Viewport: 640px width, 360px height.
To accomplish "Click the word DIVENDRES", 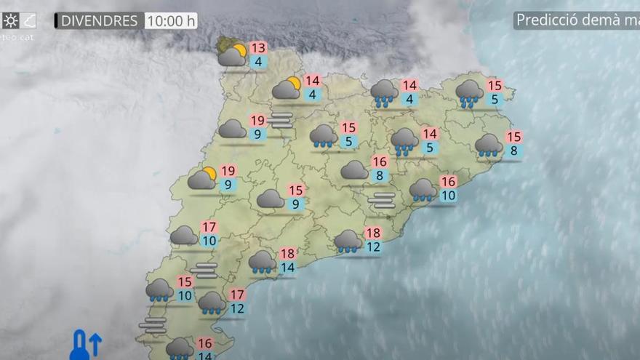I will (x=99, y=21).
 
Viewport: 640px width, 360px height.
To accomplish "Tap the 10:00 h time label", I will (x=170, y=21).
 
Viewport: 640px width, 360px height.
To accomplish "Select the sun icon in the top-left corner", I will (x=10, y=20).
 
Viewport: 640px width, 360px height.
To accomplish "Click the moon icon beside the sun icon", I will (x=28, y=20).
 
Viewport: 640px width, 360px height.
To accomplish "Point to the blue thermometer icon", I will (x=80, y=345).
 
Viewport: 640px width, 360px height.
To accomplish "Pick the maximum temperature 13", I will (x=257, y=48).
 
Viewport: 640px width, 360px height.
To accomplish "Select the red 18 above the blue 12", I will (x=373, y=233).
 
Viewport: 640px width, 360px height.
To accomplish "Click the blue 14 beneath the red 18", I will (x=287, y=268).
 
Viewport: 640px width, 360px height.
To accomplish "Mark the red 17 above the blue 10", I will (x=209, y=228).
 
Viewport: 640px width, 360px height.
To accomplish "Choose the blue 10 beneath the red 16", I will (x=448, y=195).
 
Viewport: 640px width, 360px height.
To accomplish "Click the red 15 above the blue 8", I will (x=513, y=137).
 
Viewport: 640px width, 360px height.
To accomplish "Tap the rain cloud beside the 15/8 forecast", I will (x=489, y=145).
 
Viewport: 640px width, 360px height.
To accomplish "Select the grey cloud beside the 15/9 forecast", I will (x=271, y=198).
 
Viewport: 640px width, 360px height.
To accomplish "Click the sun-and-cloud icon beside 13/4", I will (x=233, y=55).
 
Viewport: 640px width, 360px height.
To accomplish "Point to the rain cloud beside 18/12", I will (x=348, y=241).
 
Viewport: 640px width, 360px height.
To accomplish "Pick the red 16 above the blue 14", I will (x=205, y=343).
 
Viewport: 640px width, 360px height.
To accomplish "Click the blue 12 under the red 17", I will (x=237, y=308).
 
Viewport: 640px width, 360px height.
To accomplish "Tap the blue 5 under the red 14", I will (x=429, y=148).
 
